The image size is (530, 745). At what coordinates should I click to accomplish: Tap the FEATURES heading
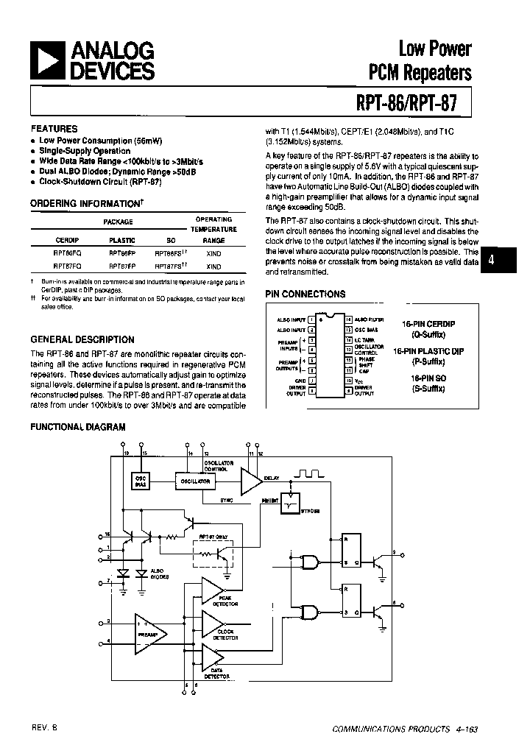(x=54, y=128)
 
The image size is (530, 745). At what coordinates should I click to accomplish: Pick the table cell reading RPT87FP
(x=121, y=266)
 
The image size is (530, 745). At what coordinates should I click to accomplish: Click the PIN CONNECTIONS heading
(x=305, y=294)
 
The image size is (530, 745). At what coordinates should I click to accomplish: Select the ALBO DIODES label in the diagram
(x=158, y=575)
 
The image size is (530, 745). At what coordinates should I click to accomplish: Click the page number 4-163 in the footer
(x=465, y=729)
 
